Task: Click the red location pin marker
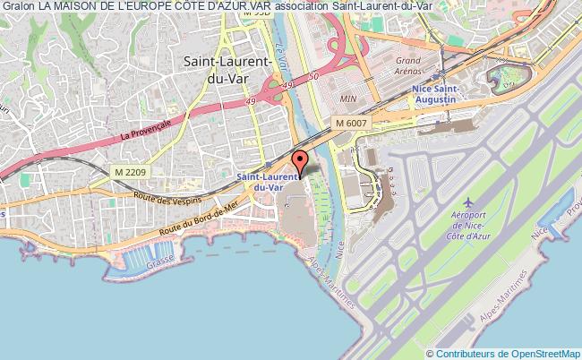(300, 162)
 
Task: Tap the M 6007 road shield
(353, 123)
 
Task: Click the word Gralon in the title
(18, 7)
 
